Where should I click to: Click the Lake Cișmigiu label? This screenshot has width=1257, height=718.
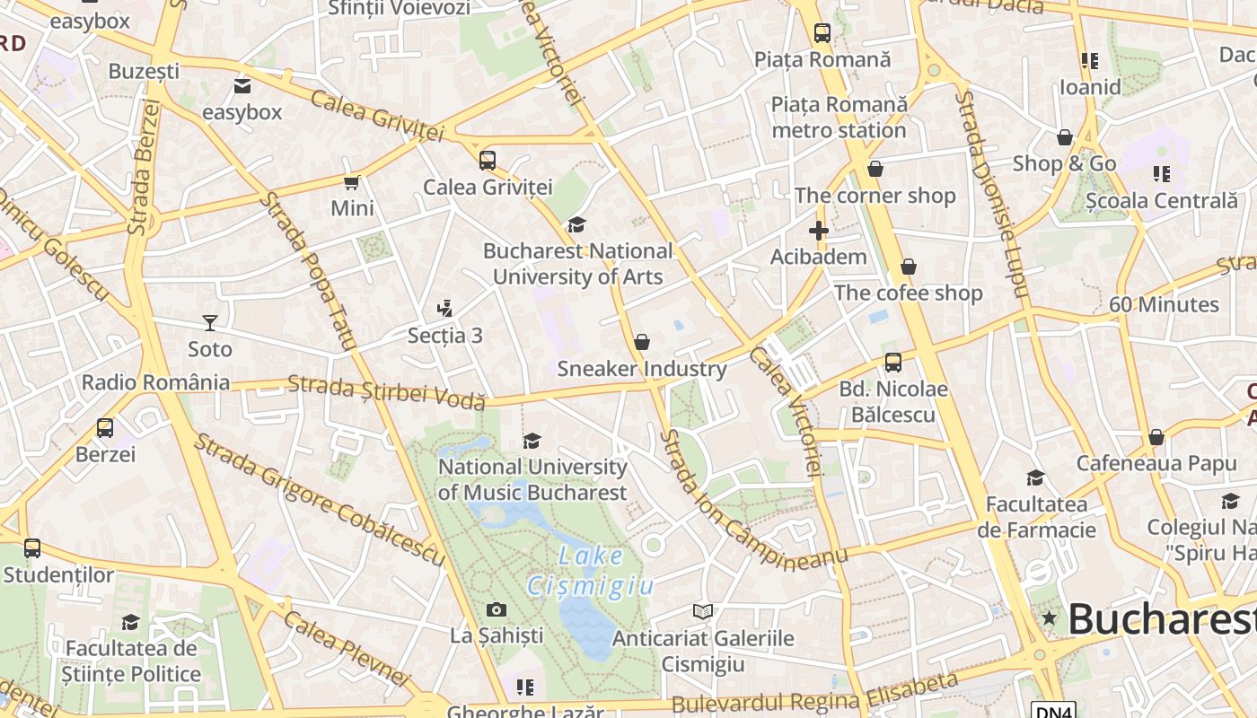[x=590, y=571]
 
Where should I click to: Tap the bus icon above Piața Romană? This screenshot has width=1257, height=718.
[x=822, y=33]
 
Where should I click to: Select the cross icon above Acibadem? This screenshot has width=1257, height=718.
[x=818, y=231]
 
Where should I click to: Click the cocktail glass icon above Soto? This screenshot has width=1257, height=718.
[x=209, y=322]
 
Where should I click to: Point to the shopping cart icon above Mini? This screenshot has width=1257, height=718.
[x=351, y=182]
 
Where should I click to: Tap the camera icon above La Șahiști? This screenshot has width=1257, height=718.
[x=496, y=610]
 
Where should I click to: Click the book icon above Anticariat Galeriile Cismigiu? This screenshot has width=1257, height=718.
[x=703, y=611]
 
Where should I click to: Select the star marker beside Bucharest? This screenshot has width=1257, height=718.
[x=1049, y=618]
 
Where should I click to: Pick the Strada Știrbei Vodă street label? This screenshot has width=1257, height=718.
[x=386, y=393]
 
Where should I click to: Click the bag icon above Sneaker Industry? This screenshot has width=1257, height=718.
[x=641, y=342]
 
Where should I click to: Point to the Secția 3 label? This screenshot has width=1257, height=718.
[x=445, y=336]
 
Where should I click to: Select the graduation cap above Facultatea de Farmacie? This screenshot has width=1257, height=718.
[x=1035, y=477]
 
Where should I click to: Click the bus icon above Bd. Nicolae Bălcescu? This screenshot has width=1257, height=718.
[x=892, y=363]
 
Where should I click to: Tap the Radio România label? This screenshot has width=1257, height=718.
[x=155, y=382]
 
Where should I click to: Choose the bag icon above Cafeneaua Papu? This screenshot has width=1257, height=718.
[x=1156, y=437]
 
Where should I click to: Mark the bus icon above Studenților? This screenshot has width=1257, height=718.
[x=32, y=547]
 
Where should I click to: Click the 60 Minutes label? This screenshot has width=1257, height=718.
[x=1164, y=304]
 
